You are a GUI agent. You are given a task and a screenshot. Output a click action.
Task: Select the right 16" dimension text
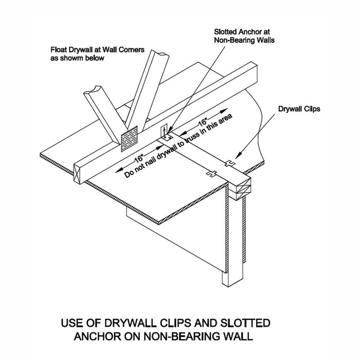coord(204,123)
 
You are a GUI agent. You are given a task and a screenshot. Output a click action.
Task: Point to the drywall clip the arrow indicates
coord(230,163)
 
